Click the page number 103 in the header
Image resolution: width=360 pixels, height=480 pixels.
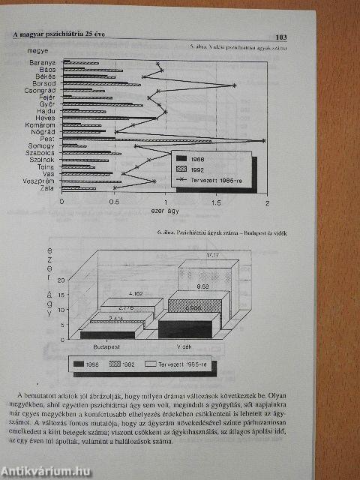pyautogui.click(x=283, y=37)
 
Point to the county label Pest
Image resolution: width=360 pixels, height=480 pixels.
pyautogui.click(x=46, y=139)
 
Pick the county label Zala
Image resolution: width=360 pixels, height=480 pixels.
pyautogui.click(x=46, y=187)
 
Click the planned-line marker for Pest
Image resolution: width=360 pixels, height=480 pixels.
pyautogui.click(x=263, y=140)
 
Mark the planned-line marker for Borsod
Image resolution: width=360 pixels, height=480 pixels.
pyautogui.click(x=235, y=85)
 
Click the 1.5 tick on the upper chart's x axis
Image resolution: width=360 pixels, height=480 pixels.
pyautogui.click(x=216, y=202)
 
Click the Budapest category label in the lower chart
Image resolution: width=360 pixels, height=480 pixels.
pyautogui.click(x=106, y=346)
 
